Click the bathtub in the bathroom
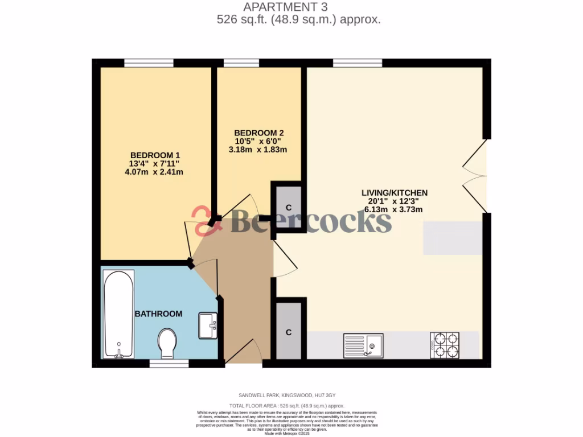[x=118, y=314]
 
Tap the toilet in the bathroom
[x=167, y=343]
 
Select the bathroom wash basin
[x=208, y=325]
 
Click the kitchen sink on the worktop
[x=364, y=345]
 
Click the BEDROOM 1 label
[x=155, y=155]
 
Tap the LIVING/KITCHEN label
[x=395, y=193]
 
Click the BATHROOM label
[x=158, y=314]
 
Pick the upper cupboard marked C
[x=289, y=206]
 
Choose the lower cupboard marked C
[x=289, y=332]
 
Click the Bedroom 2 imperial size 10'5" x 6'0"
[x=258, y=141]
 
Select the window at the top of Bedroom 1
[x=149, y=63]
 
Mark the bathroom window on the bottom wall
[x=169, y=363]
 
